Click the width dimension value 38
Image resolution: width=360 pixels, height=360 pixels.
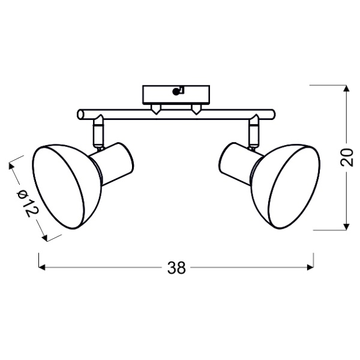pyautogui.click(x=176, y=268)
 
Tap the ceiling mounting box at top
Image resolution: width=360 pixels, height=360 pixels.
pyautogui.click(x=176, y=94)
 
